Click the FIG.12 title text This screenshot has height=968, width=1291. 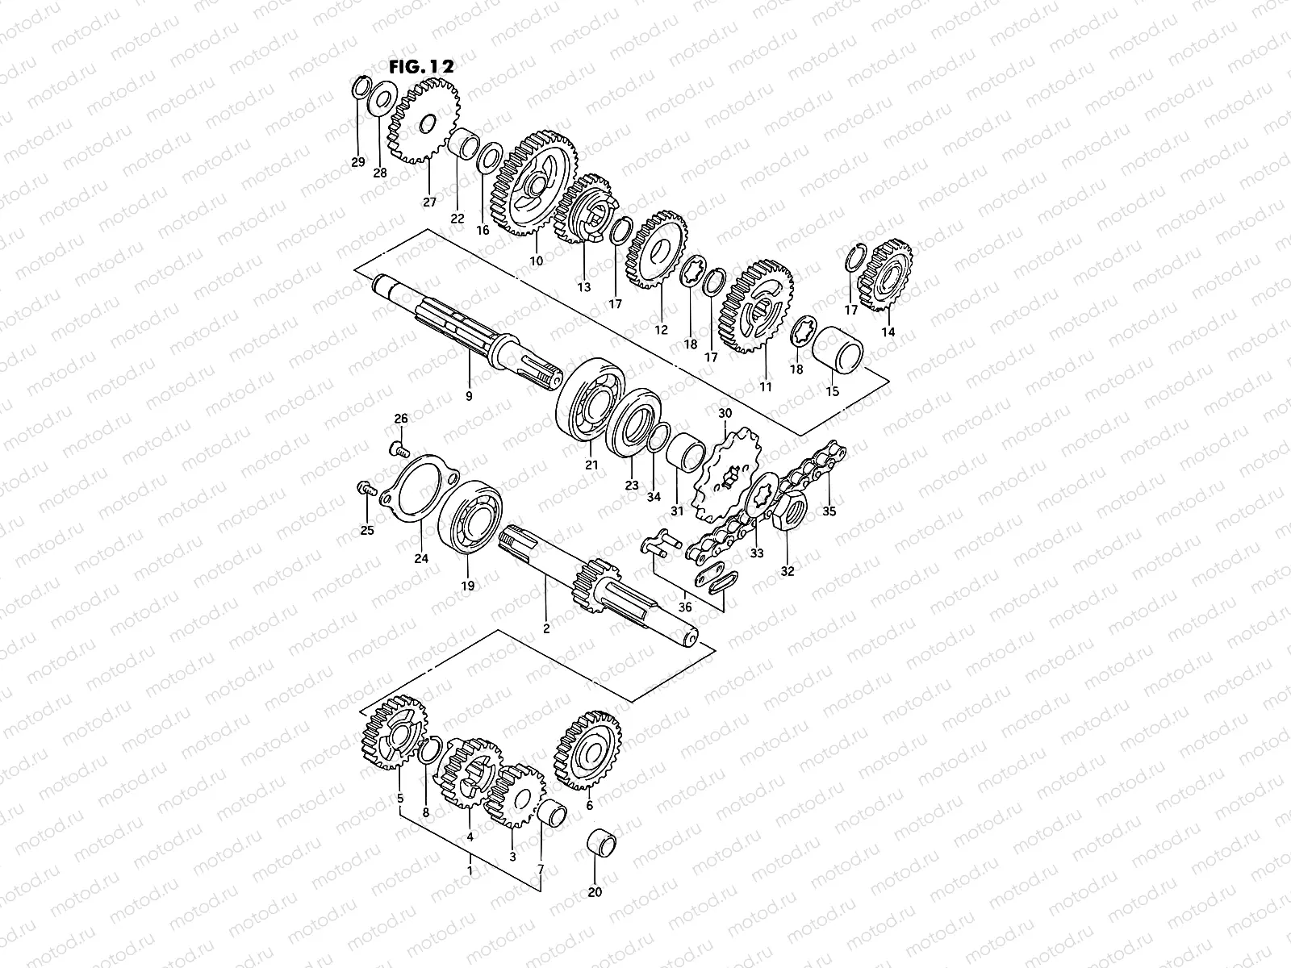point(421,66)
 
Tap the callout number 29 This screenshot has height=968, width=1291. point(358,162)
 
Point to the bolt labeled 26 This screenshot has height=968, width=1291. point(399,450)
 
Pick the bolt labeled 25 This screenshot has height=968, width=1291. point(366,488)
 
